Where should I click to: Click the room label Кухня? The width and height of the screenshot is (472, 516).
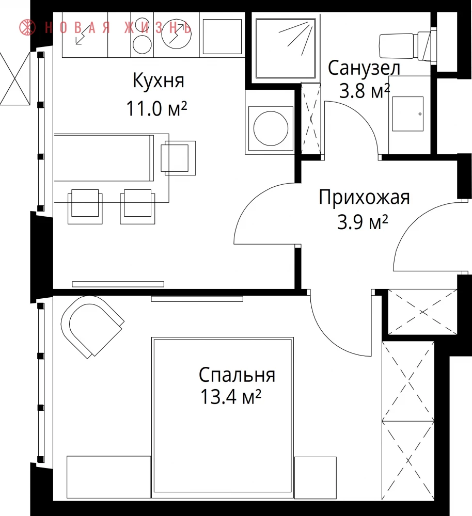pos(159,80)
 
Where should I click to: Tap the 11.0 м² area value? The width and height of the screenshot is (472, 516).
pos(157,108)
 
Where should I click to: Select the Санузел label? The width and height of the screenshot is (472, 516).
pos(364,69)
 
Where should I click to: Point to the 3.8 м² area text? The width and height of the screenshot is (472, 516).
pos(365,91)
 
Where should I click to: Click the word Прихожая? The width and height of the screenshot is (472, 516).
pos(364,198)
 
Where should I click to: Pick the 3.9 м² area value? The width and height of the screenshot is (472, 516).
pos(363,222)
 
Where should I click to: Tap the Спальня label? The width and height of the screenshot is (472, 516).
pos(237,375)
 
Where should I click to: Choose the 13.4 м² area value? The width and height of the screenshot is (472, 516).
pos(230,397)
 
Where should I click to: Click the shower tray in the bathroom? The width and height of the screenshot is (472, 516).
pos(286,49)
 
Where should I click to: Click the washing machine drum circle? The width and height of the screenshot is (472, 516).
pos(271,128)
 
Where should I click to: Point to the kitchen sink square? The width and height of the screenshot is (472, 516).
pos(223,37)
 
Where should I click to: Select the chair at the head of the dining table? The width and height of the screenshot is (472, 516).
pos(178,158)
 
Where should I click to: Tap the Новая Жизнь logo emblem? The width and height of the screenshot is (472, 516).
pos(27,27)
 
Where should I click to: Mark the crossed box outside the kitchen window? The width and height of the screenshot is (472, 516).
pos(15,78)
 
